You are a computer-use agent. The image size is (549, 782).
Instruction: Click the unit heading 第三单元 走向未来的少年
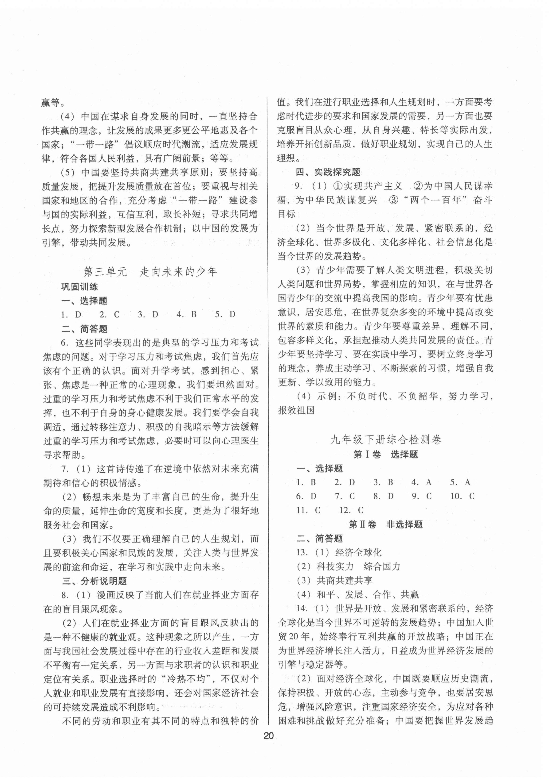pos(150,272)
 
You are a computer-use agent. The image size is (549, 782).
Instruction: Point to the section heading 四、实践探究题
pos(328,172)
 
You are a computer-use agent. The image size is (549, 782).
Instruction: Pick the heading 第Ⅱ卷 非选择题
pos(385,524)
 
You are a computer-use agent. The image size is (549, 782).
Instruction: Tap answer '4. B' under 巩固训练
pos(187,314)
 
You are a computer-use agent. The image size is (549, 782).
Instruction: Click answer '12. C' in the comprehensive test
pos(351,510)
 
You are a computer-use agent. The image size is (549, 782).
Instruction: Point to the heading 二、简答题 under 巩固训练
pos(85,329)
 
